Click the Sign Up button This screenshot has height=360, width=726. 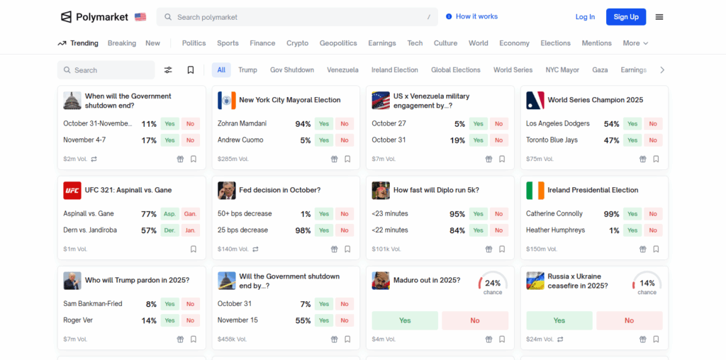pos(625,17)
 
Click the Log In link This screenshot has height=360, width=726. pos(585,17)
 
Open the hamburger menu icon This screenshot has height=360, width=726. pos(659,17)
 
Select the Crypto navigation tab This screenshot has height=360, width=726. pos(297,43)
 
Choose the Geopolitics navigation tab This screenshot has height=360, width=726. pos(338,43)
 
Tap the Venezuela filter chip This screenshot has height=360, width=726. pos(342,70)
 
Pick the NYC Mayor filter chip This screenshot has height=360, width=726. pos(562,70)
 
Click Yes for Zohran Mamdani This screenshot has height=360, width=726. pos(324,124)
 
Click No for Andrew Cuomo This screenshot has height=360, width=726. pos(345,140)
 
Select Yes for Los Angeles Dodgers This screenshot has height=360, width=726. pos(632,124)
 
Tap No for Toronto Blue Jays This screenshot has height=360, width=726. pos(653,140)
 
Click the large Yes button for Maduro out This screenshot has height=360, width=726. pos(405,320)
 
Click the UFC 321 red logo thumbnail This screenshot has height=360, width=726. pos(72,191)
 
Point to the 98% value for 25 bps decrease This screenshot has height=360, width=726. pos(303,230)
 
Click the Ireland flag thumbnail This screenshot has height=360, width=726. pos(535,191)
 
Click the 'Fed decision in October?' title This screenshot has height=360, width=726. pos(279,191)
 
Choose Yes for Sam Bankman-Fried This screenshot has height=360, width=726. pos(169,304)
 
